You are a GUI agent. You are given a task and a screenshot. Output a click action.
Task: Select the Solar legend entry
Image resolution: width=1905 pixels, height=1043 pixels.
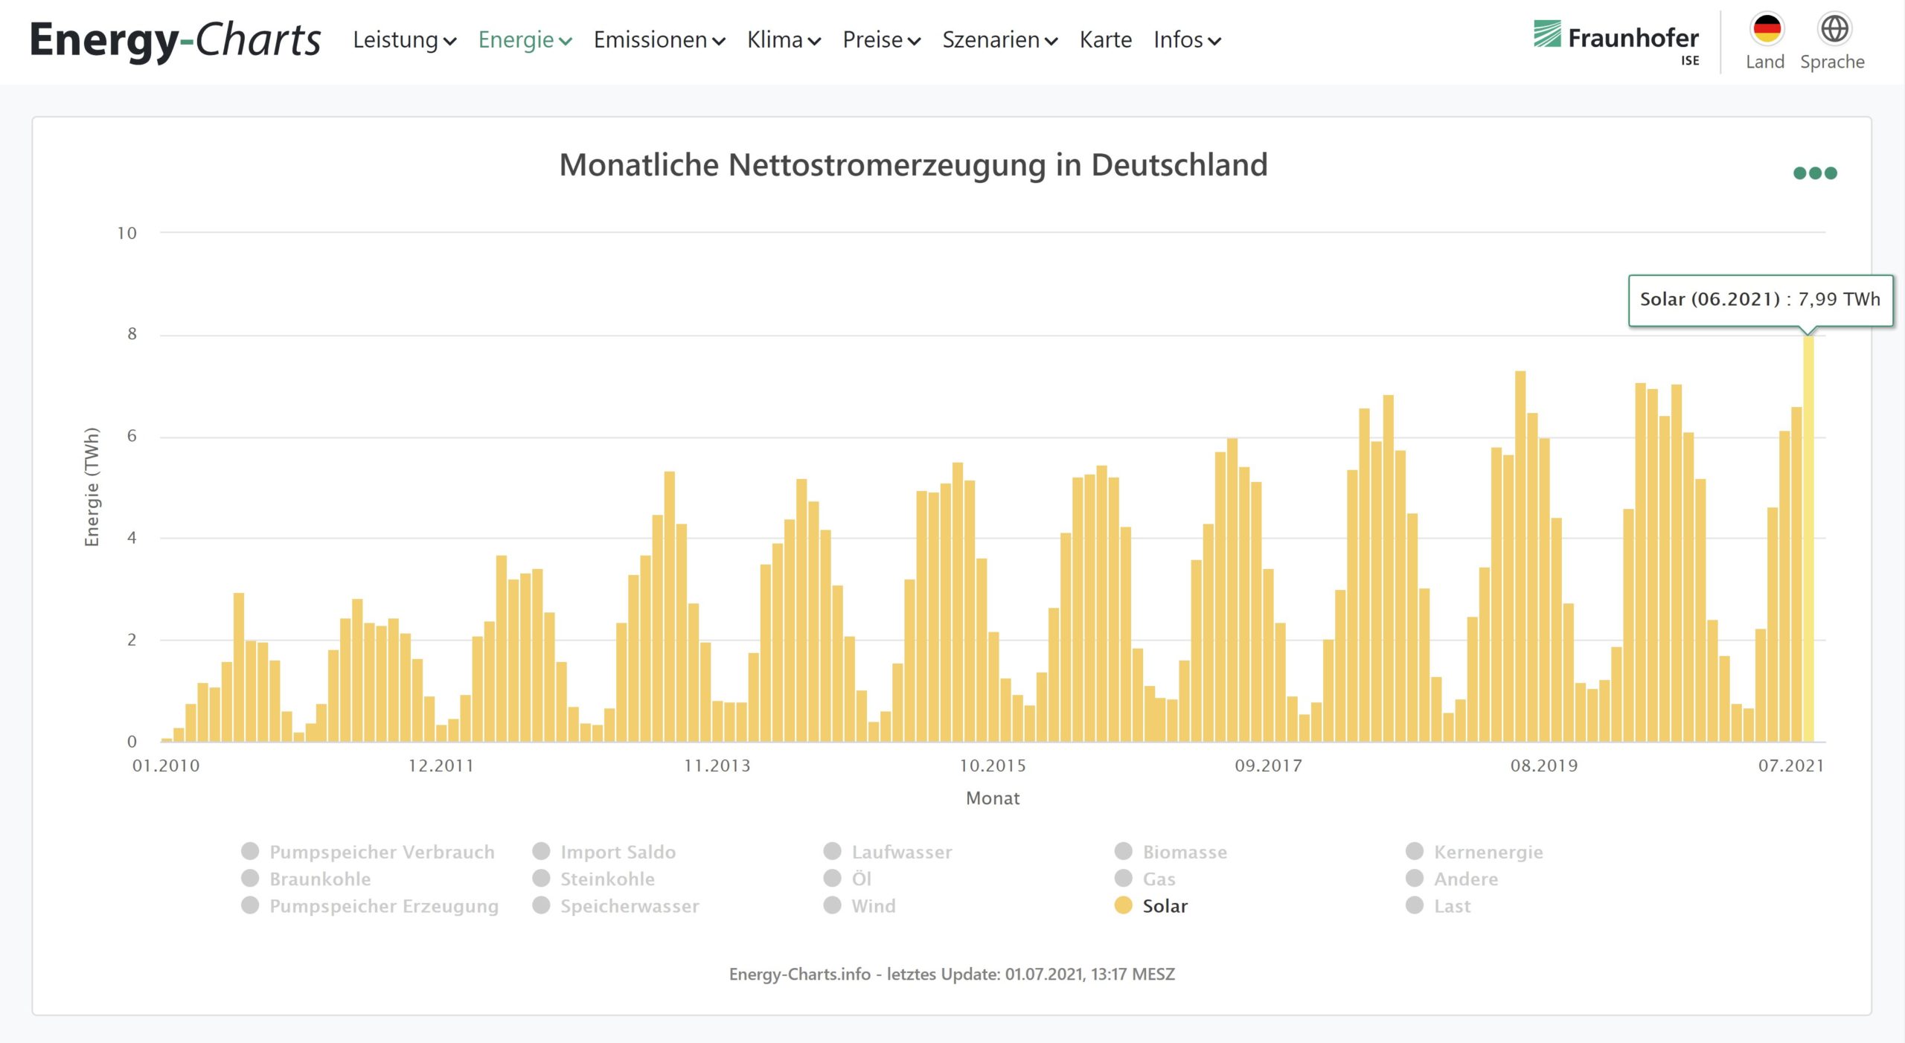point(1164,906)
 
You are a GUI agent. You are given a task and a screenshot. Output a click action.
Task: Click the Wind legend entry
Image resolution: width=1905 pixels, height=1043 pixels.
point(873,906)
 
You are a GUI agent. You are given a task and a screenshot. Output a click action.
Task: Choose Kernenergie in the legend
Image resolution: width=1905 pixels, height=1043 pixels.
point(1488,852)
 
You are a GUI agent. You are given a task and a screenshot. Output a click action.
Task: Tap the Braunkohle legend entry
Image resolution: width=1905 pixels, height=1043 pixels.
point(319,879)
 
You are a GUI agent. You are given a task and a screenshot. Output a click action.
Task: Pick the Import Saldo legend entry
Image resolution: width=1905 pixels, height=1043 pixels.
point(618,852)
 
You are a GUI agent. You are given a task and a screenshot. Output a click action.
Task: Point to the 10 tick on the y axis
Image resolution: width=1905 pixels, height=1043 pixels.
point(127,234)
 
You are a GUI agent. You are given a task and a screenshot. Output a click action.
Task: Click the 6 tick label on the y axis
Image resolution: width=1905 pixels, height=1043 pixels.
point(132,437)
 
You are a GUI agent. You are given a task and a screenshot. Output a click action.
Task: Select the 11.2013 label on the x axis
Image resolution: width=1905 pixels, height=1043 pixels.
point(717,766)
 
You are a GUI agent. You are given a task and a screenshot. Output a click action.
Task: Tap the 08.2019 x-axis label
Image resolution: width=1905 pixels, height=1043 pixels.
point(1543,766)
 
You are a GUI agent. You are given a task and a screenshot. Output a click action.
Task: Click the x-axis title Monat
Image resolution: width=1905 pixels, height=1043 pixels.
point(992,798)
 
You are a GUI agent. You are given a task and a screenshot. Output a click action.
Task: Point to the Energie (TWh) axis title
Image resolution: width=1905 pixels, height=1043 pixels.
point(92,487)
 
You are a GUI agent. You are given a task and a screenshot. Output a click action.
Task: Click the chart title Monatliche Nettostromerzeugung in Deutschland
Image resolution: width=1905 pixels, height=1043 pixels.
point(913,165)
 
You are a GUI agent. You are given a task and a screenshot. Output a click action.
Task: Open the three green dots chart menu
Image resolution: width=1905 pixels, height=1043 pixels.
point(1814,173)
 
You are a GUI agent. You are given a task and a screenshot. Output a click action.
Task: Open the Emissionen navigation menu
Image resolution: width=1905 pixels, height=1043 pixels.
point(659,40)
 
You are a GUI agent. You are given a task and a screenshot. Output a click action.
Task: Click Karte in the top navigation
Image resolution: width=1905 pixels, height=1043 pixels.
point(1105,40)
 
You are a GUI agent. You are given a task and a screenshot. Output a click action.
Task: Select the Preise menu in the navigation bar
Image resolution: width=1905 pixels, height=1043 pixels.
point(881,40)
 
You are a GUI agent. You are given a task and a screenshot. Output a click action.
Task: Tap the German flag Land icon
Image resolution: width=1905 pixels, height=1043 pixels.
point(1766,30)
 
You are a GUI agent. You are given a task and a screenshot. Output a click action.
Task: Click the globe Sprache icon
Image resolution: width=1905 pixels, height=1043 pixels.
point(1834,30)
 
